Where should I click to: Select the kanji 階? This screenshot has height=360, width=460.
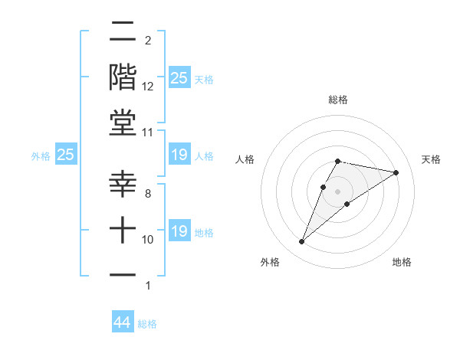click(123, 77)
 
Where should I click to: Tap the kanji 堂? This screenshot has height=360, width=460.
click(123, 123)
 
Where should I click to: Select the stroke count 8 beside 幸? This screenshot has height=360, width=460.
click(147, 194)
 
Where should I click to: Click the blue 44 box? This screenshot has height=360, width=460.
click(123, 322)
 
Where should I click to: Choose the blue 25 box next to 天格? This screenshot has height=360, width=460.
click(179, 78)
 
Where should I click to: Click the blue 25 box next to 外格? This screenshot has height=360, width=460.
click(66, 155)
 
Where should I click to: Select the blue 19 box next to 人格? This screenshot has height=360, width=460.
click(179, 155)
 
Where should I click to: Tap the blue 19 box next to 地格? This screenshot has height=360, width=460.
click(179, 231)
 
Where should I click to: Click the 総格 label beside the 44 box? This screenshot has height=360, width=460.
click(147, 324)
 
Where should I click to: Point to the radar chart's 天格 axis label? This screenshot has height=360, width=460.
click(431, 159)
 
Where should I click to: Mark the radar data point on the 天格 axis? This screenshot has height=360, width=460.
click(396, 173)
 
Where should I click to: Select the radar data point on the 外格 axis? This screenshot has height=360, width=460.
click(302, 242)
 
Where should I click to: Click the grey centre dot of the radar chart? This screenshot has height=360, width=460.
click(338, 191)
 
